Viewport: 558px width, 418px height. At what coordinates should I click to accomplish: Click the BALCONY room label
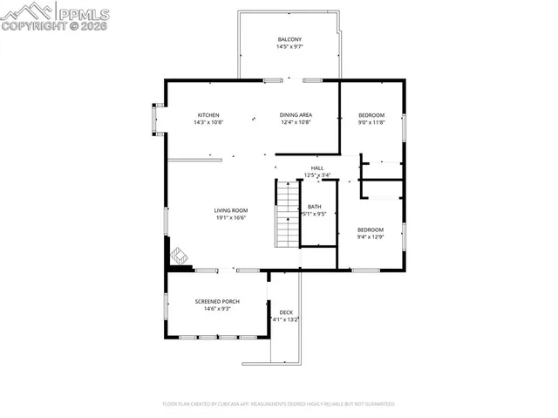[289, 40]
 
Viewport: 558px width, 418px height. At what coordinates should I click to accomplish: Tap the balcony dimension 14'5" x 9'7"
[289, 48]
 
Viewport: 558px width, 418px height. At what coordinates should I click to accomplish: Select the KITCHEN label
[208, 115]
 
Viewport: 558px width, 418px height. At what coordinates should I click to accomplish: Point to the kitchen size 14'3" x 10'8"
[208, 123]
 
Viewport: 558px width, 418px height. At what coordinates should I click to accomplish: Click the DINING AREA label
[296, 115]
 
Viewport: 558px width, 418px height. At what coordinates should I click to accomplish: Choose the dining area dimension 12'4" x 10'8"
[296, 123]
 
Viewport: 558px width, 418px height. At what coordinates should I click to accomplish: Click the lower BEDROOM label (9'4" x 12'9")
[371, 230]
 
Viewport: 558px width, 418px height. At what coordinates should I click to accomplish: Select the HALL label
[317, 168]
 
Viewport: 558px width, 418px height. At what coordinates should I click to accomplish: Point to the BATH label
[314, 206]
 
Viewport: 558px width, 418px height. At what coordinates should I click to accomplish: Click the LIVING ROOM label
[232, 210]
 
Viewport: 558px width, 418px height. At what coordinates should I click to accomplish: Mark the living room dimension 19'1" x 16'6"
[232, 218]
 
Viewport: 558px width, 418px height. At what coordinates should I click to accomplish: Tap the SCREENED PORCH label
[217, 301]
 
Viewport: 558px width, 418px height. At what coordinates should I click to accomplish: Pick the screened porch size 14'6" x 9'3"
[217, 309]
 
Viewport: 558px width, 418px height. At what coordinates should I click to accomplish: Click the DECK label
[285, 312]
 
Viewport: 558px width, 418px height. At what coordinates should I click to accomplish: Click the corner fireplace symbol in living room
[179, 256]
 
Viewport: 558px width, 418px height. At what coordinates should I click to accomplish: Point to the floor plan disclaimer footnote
[279, 404]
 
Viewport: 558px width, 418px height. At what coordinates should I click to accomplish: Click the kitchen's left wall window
[157, 119]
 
